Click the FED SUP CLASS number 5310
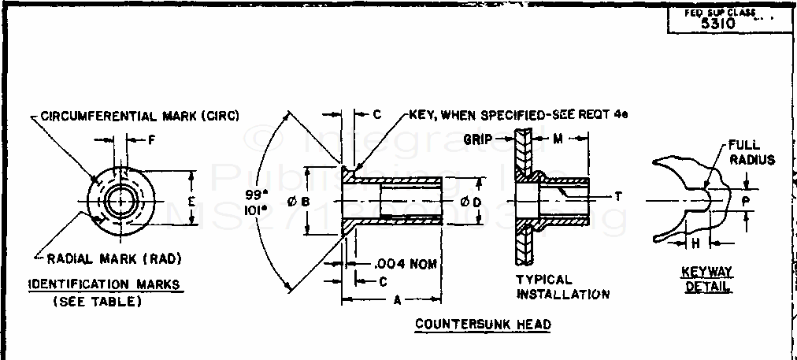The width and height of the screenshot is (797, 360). coord(717,24)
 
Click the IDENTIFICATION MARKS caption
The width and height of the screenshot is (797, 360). coord(104,284)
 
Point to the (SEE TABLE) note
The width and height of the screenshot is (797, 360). coord(97,301)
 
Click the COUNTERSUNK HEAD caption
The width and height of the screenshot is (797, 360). coord(483,324)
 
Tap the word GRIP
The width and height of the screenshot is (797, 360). coord(478,139)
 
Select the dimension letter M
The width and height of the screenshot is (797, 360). coord(557,139)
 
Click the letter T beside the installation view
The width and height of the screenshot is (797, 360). coord(618,197)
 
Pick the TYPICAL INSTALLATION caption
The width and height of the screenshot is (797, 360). coord(562,287)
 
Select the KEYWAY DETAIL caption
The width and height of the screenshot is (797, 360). coord(706,279)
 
